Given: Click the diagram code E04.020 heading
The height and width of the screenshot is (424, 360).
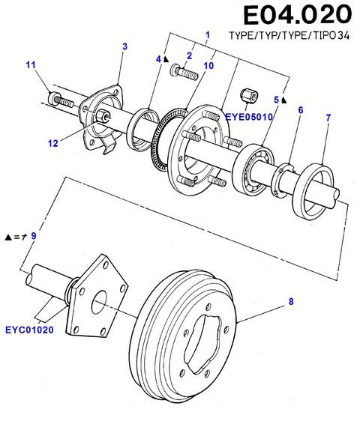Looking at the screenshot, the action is coord(298,15).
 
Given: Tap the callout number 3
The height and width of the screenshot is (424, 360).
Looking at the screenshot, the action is coord(124,46).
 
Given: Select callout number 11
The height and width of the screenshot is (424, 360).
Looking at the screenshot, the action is coord(31,65).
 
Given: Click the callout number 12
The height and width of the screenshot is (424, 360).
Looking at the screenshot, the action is coord(53,143).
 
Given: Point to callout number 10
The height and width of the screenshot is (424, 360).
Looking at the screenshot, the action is coord(208,65).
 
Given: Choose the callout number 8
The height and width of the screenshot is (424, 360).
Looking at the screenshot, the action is coord(291,301).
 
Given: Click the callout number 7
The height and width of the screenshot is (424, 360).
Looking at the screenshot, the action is coord(328,118).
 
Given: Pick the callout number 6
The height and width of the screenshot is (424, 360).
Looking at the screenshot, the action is coord(301,110).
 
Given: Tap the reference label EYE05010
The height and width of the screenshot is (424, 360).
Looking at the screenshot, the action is coord(249,117).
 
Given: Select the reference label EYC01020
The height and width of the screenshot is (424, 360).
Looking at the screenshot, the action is coord(29,330).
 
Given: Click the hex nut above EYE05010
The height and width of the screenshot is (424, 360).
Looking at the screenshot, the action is coord(249,97).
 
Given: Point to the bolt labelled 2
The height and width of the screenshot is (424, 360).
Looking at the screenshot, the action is coord(184,73).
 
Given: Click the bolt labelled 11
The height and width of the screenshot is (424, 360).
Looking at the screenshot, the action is coord(61,100).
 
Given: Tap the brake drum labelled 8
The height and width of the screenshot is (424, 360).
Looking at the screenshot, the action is coord(184,336).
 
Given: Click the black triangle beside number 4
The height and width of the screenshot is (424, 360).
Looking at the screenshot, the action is coord(166,59).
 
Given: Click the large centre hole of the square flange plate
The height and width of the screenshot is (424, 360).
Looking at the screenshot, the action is coord(99,302).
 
